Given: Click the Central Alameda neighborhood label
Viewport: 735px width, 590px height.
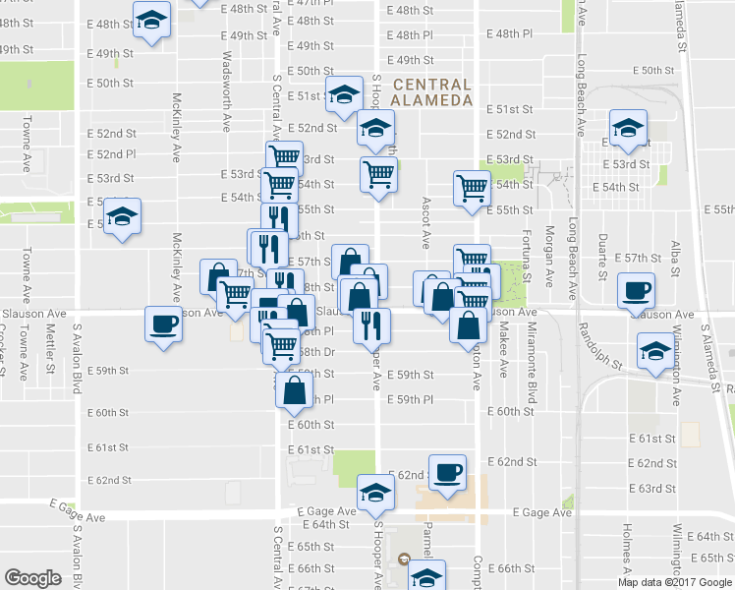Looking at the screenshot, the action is (431, 91).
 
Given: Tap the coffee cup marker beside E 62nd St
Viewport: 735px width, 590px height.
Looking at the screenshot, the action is (447, 472).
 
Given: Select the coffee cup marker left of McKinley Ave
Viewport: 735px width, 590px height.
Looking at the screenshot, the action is (163, 324).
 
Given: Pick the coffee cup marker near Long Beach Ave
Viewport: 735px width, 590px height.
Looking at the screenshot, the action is (636, 291).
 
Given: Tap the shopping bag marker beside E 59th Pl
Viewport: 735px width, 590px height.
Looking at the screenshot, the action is (294, 389).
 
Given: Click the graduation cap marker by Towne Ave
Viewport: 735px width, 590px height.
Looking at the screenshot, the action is (122, 215).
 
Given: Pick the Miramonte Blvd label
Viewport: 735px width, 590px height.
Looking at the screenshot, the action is (532, 350).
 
